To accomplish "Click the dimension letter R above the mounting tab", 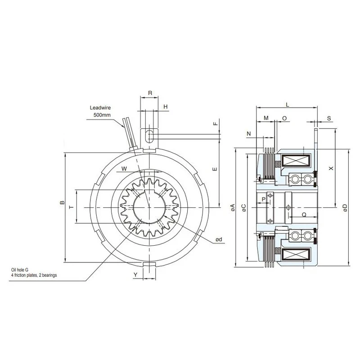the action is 150,93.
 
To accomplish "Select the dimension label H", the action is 166,107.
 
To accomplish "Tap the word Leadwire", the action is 100,108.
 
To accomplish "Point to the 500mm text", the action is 102,115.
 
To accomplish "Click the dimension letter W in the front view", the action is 124,169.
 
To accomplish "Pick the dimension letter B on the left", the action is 62,202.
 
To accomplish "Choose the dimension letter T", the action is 72,207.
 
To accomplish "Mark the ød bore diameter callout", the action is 219,239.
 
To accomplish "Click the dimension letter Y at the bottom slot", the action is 136,275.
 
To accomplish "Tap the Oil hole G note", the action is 20,270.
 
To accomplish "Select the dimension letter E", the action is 215,169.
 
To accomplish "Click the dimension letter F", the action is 215,124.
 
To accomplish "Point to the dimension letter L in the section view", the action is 288,105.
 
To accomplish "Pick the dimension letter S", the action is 329,118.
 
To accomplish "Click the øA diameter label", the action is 232,207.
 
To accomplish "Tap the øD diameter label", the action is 345,208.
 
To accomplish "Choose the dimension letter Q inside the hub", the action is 304,215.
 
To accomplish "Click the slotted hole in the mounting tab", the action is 149,136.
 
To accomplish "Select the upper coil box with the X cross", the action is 296,161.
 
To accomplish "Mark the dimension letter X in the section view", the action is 331,168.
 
